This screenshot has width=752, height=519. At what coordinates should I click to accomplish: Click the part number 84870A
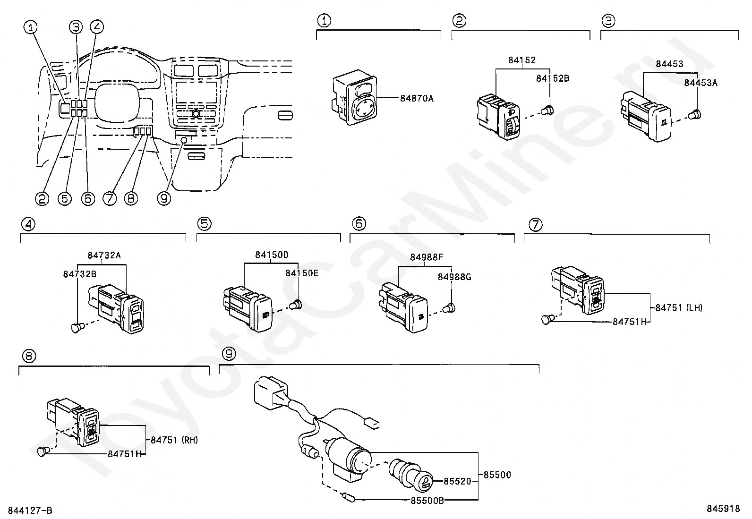pyautogui.click(x=417, y=98)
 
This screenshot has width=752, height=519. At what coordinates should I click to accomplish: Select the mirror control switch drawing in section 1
pyautogui.click(x=355, y=97)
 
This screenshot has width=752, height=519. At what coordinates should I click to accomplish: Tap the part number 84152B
pyautogui.click(x=553, y=78)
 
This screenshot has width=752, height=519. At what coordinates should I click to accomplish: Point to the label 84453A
pyautogui.click(x=701, y=83)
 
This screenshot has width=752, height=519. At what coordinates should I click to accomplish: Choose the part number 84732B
pyautogui.click(x=79, y=274)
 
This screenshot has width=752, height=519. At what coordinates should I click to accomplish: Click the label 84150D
pyautogui.click(x=272, y=255)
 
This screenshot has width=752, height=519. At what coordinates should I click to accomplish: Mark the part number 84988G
pyautogui.click(x=454, y=277)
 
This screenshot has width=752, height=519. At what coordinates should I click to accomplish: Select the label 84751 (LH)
pyautogui.click(x=678, y=307)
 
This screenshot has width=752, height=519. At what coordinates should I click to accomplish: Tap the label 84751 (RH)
pyautogui.click(x=174, y=440)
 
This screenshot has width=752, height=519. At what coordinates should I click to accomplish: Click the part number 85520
pyautogui.click(x=457, y=481)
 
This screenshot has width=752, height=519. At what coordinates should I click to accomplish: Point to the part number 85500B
pyautogui.click(x=427, y=501)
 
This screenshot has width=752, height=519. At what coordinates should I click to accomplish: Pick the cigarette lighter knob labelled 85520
pyautogui.click(x=410, y=474)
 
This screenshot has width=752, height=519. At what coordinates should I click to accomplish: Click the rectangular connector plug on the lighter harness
pyautogui.click(x=271, y=392)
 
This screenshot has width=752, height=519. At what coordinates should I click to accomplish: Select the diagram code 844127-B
pyautogui.click(x=30, y=510)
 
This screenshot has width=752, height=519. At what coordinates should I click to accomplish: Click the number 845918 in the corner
pyautogui.click(x=723, y=509)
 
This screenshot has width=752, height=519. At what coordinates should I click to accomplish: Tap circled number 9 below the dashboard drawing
pyautogui.click(x=164, y=198)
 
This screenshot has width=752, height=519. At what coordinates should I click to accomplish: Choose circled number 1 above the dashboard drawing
pyautogui.click(x=31, y=27)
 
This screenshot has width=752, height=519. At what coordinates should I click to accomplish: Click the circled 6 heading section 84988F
pyautogui.click(x=359, y=223)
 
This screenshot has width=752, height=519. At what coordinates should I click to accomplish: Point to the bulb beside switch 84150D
pyautogui.click(x=296, y=305)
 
